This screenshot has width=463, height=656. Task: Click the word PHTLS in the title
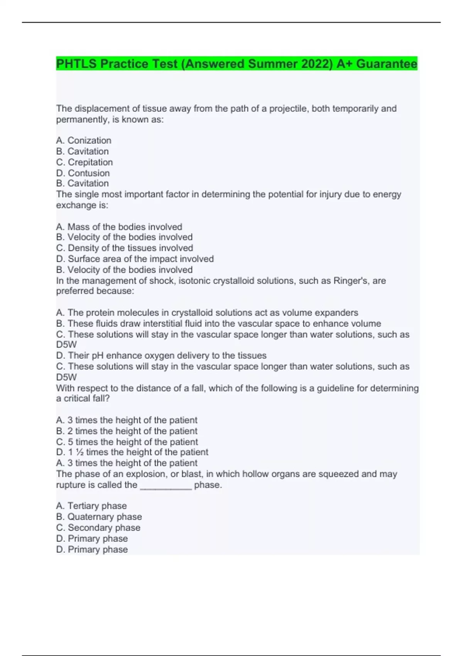coord(76,64)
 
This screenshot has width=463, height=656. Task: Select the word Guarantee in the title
coord(387,64)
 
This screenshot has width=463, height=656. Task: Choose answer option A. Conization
coord(84,140)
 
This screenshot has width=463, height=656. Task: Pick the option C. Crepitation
coord(84,162)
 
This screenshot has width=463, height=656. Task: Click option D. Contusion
coord(83,173)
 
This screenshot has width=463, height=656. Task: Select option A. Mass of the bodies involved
coord(119,227)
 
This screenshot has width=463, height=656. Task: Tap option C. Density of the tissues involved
coord(124,248)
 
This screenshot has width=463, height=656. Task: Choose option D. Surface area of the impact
coord(135,259)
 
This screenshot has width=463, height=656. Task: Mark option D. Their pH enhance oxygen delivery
coord(161,355)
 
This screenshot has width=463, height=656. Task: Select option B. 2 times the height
coord(127,431)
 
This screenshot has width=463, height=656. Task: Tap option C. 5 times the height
coord(127,441)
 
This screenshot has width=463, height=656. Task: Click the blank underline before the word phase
coord(166,485)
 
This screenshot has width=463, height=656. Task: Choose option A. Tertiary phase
coord(91,506)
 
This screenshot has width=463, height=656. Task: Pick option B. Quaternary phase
coord(99,517)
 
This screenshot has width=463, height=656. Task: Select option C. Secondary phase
coord(98,528)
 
